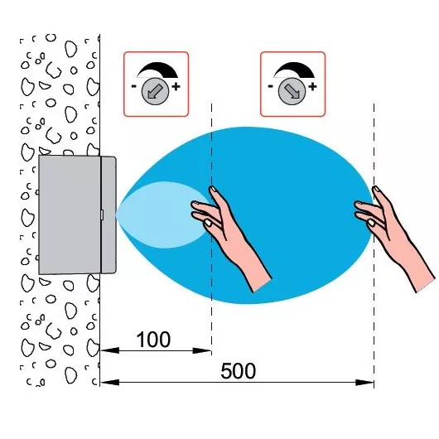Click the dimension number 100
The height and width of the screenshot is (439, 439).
(153, 340)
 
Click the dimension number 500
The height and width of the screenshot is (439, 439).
(239, 371)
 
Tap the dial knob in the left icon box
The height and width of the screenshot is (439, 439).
(155, 91)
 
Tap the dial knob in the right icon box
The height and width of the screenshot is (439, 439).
(292, 91)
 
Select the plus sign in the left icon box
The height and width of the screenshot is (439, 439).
(176, 86)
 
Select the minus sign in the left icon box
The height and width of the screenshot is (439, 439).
(134, 86)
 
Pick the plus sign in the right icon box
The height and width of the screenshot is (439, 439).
(312, 86)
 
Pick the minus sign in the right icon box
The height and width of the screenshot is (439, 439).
(271, 86)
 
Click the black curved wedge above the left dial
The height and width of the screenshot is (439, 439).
(161, 69)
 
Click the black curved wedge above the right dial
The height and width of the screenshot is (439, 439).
(297, 69)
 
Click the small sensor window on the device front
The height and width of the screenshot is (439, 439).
(102, 215)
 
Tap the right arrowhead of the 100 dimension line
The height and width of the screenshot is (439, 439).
(202, 350)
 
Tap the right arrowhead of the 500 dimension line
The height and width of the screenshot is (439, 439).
(364, 382)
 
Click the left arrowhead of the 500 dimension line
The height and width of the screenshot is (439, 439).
(109, 382)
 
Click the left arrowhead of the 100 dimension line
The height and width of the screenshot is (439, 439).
(109, 350)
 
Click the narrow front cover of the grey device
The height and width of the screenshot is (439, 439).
(109, 215)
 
